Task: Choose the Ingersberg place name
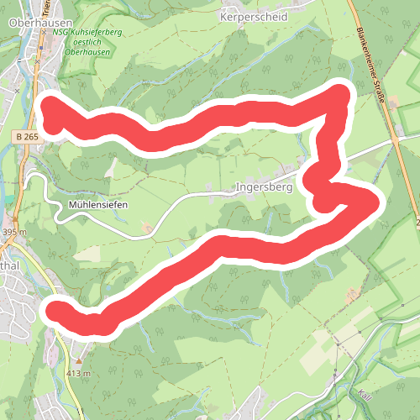tap(265, 187)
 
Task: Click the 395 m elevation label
tap(14, 232)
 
